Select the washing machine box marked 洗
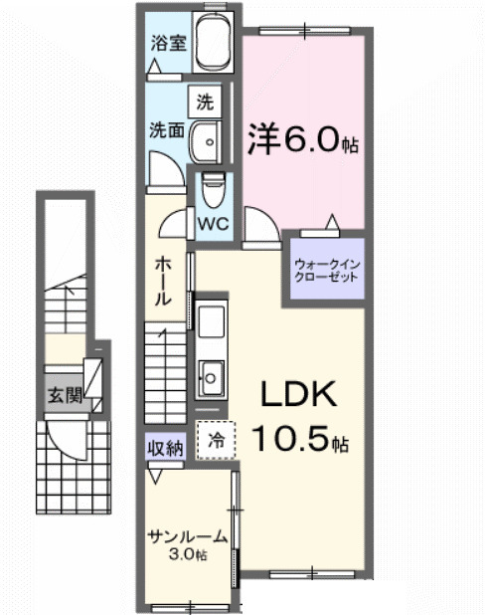205,102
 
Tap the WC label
215,223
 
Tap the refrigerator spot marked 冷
216,437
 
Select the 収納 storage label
166,448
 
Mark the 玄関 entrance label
59,395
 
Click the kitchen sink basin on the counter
212,376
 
